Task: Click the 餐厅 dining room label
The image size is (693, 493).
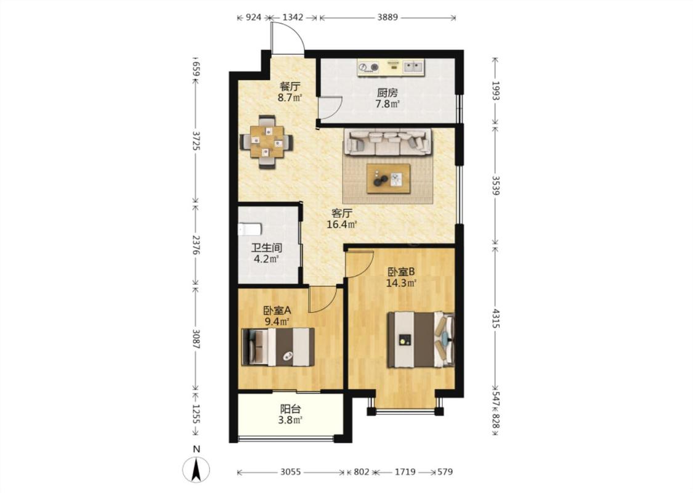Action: click(290, 86)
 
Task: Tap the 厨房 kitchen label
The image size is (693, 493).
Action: click(387, 93)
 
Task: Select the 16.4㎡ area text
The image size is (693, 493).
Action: click(342, 224)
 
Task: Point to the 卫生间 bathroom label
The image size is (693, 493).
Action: click(267, 248)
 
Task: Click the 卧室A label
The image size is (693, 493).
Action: click(277, 311)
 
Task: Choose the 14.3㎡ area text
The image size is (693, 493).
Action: click(401, 283)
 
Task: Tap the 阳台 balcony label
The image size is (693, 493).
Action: click(290, 409)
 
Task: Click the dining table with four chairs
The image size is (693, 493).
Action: click(267, 142)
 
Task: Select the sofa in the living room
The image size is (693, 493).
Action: click(388, 142)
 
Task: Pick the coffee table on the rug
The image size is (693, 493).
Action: click(389, 179)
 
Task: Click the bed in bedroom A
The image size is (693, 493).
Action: click(278, 347)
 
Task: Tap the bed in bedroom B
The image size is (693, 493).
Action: click(421, 340)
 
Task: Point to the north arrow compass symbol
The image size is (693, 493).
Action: click(197, 469)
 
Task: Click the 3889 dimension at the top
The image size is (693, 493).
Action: click(387, 18)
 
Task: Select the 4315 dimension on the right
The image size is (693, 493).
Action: click(495, 319)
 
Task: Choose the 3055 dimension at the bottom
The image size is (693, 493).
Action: click(290, 472)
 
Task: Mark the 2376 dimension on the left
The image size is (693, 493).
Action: click(197, 245)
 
